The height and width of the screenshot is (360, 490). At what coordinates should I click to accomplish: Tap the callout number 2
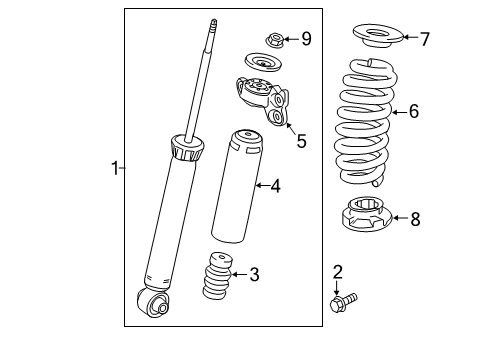coord(337,270)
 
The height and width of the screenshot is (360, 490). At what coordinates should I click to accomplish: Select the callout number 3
coord(254,272)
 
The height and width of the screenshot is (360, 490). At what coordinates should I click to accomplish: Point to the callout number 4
coord(274,184)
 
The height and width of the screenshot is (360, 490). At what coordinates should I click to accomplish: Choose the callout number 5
coord(301,141)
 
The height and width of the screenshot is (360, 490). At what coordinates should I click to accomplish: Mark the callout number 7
coord(424,39)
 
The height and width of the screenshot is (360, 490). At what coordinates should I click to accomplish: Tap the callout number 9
coord(306,39)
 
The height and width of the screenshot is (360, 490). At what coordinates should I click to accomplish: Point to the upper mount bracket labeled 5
coord(262,100)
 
